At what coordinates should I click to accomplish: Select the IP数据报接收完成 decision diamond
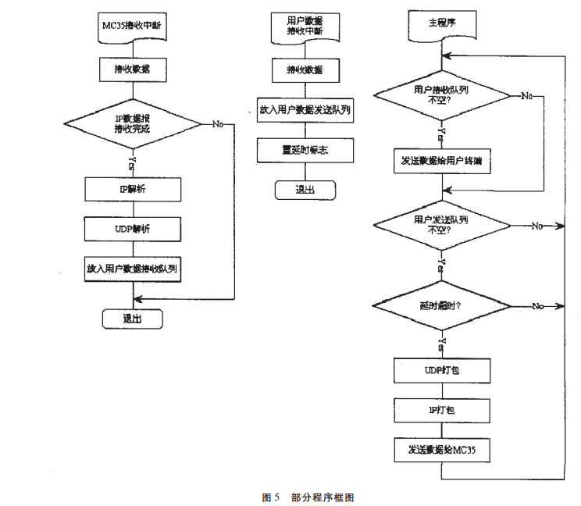132,124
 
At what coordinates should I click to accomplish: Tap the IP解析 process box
133,189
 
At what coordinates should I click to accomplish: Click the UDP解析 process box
133,229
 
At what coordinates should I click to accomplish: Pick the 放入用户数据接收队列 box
133,268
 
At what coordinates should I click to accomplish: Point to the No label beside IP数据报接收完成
217,124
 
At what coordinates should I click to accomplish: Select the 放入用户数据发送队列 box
305,110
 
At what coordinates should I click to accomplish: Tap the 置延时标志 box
305,150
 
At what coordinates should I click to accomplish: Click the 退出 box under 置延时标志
305,190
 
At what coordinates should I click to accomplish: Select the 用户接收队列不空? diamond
442,95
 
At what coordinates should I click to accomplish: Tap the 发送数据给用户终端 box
442,161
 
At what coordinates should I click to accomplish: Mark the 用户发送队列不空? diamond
442,226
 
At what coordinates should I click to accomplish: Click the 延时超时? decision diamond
442,305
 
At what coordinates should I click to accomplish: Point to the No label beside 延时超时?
537,305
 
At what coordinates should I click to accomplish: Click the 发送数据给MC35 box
442,450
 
